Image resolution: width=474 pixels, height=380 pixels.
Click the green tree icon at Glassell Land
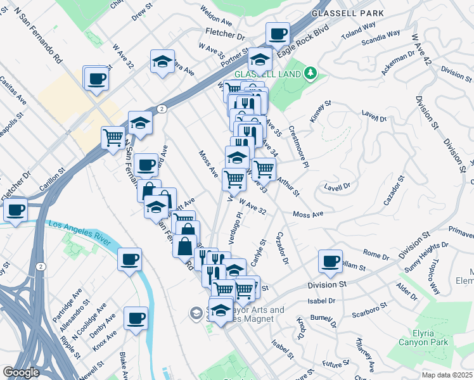(x=310, y=74)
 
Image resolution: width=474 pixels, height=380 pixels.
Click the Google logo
(x=22, y=372)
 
